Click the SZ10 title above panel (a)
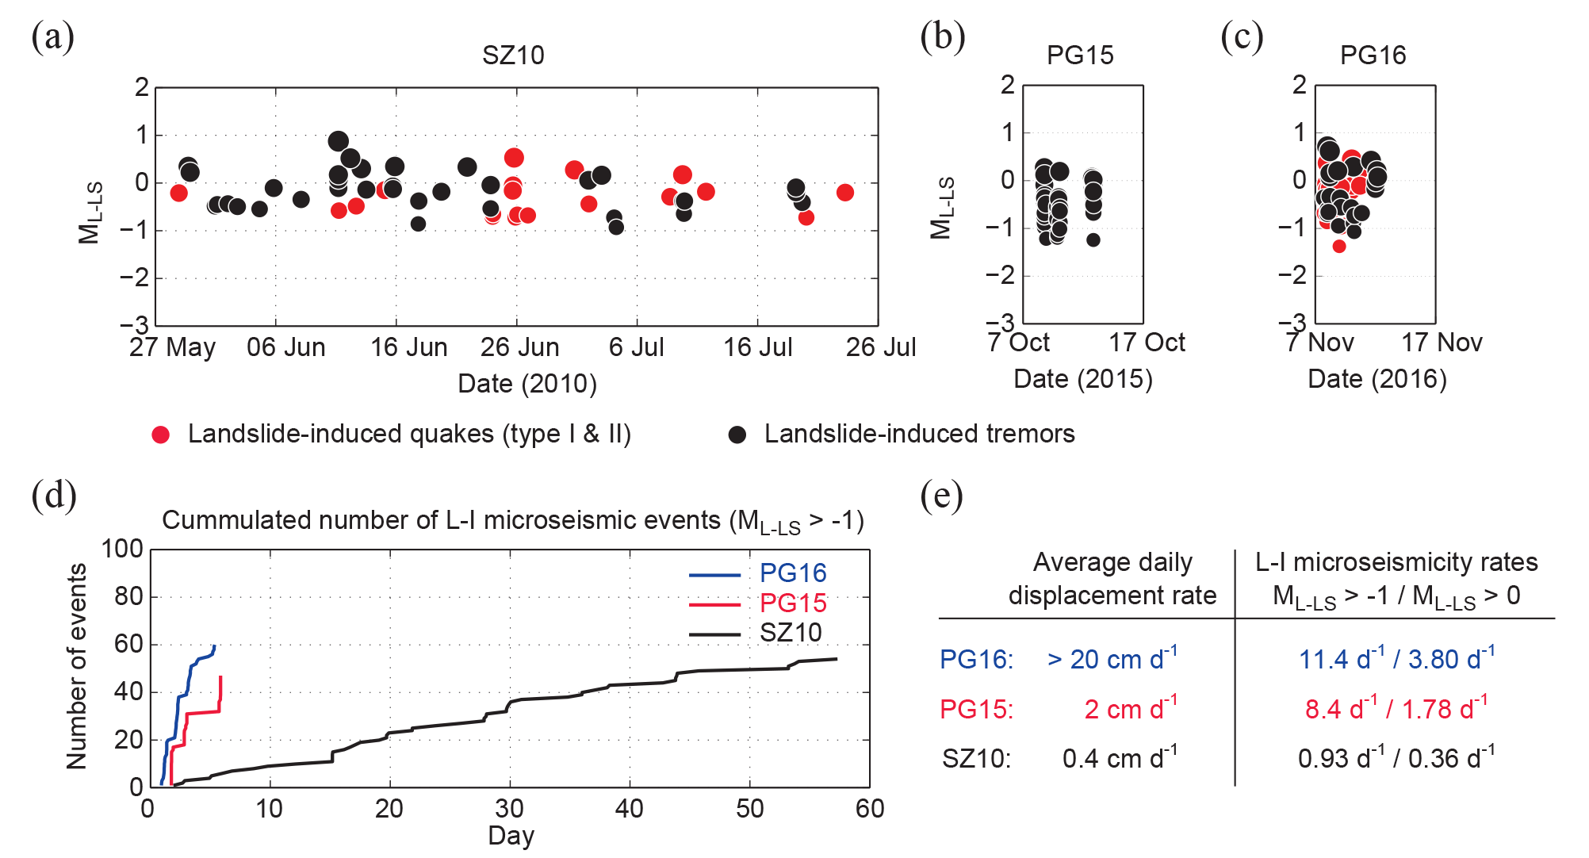(513, 56)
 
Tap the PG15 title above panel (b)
(1080, 56)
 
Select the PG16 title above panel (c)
(1373, 56)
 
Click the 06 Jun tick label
(286, 347)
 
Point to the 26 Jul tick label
(881, 347)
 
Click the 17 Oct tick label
(1147, 343)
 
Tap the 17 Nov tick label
(1442, 343)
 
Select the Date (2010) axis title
(527, 384)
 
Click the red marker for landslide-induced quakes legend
(161, 435)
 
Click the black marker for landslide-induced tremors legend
(737, 435)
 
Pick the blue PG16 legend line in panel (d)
(714, 574)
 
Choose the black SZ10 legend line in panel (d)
(714, 634)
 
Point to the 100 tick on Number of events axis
(122, 549)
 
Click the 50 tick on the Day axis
(749, 809)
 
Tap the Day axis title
(511, 836)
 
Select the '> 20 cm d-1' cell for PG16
(1112, 659)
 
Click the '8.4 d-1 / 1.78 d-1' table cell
(1396, 708)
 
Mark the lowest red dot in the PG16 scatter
(1339, 246)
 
